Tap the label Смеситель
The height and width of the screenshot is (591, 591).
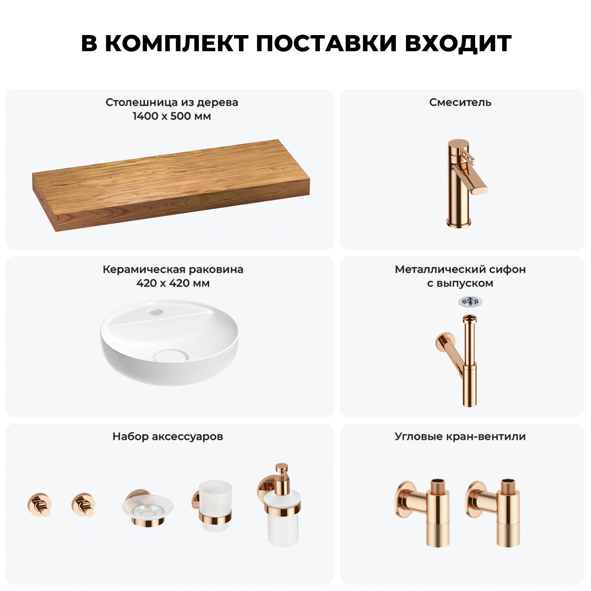(x=460, y=102)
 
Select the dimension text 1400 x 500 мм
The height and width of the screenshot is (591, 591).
(x=172, y=116)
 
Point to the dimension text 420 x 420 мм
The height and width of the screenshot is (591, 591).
(x=173, y=283)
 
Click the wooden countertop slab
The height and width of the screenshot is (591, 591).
(x=171, y=185)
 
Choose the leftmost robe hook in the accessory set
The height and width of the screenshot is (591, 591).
(x=39, y=504)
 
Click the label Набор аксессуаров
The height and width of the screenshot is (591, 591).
(x=168, y=437)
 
